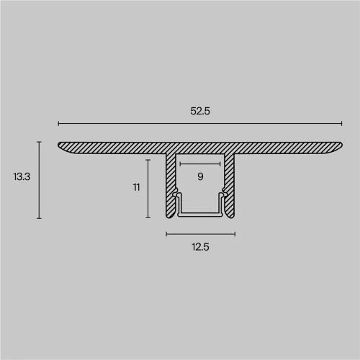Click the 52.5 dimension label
200,111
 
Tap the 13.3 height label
22,176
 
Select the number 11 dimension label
136,187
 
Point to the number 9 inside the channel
200,176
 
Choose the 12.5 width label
200,247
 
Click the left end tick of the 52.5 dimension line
58,124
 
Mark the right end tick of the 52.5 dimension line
341,124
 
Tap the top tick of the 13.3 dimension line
39,142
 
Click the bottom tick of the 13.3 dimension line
39,218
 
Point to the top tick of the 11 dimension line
148,160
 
